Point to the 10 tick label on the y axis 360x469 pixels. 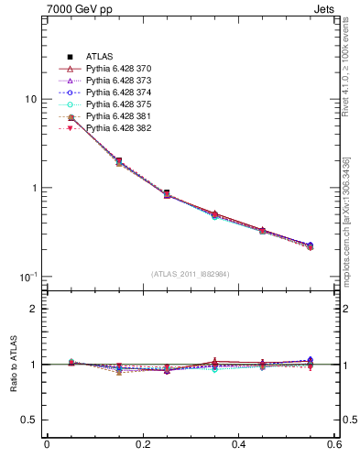point(30,99)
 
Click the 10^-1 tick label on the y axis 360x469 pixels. point(27,277)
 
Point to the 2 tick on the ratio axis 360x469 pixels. point(33,309)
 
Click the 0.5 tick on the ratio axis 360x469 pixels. point(29,420)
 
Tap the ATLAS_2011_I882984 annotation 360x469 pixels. point(190,274)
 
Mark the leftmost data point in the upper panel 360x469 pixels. point(71,118)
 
